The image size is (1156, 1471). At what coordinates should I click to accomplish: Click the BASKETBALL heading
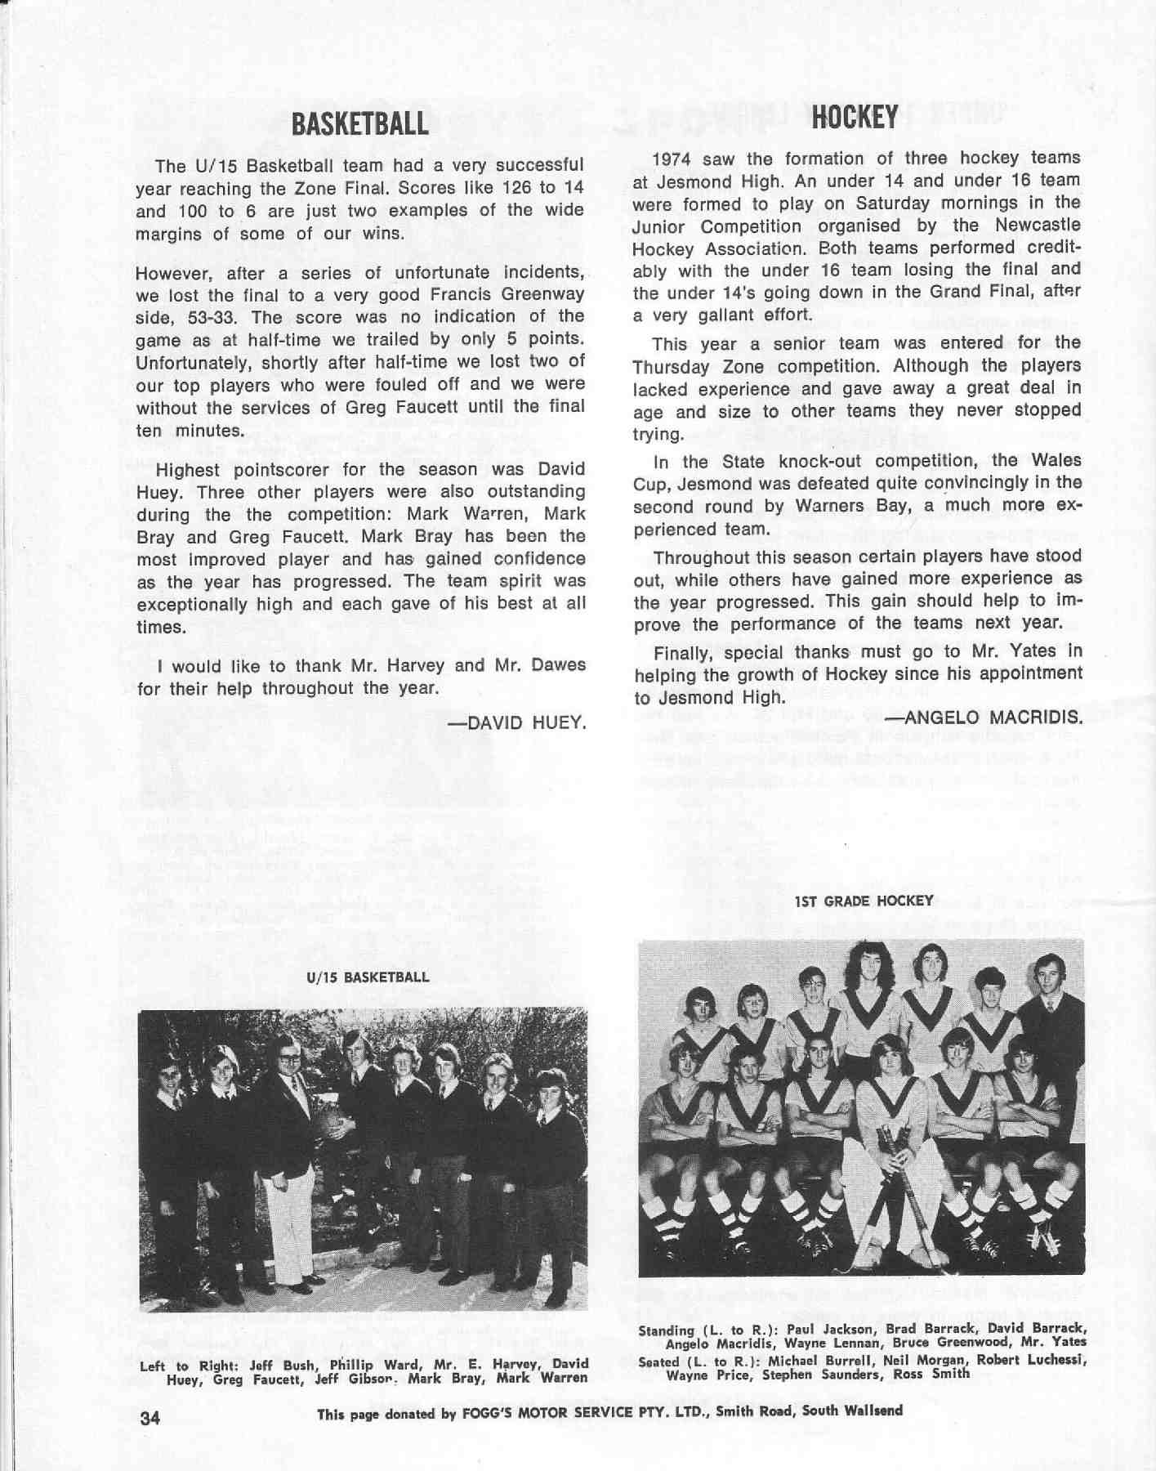click(359, 123)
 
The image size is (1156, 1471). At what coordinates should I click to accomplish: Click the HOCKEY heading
click(855, 118)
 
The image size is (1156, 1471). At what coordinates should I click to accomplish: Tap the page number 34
click(150, 1418)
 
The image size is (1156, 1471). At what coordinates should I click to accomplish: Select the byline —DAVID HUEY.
click(522, 723)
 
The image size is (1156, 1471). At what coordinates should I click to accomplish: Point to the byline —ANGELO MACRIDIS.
click(987, 718)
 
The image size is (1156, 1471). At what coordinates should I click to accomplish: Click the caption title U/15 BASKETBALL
click(368, 977)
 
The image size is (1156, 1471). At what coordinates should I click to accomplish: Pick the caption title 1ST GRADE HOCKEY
click(863, 901)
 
